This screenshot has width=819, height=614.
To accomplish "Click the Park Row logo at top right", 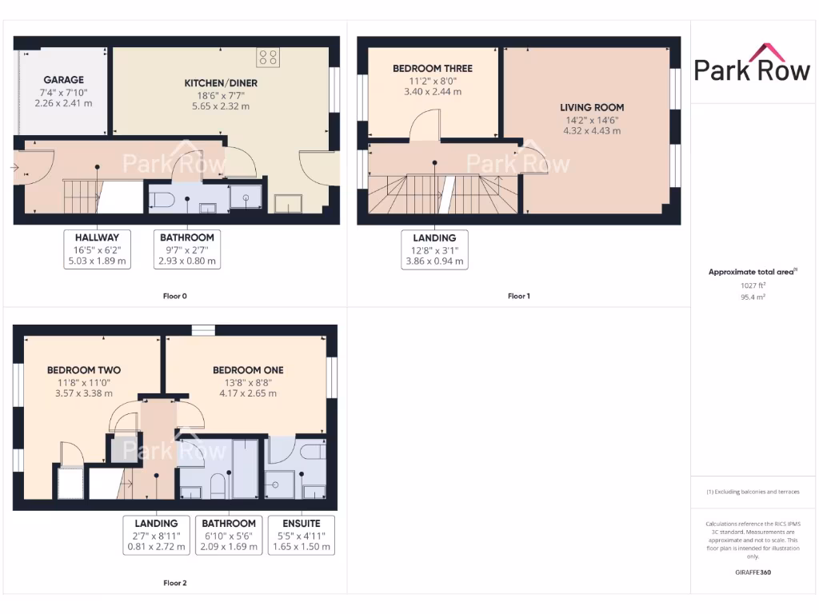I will pyautogui.click(x=751, y=63).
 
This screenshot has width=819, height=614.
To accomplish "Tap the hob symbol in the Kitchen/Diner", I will pyautogui.click(x=268, y=58).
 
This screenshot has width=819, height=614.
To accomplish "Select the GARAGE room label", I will pyautogui.click(x=63, y=80).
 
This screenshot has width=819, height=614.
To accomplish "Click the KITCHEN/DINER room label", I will pyautogui.click(x=221, y=83).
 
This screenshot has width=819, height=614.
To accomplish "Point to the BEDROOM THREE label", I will pyautogui.click(x=432, y=69).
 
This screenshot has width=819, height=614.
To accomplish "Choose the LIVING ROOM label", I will pyautogui.click(x=592, y=107).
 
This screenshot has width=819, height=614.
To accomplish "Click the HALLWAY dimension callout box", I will pyautogui.click(x=97, y=249).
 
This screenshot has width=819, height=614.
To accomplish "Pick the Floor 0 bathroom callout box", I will pyautogui.click(x=187, y=249).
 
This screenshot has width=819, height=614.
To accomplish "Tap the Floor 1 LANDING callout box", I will pyautogui.click(x=434, y=249).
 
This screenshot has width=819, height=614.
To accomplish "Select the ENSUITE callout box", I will pyautogui.click(x=301, y=535).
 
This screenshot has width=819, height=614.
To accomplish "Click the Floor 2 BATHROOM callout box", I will pyautogui.click(x=229, y=535).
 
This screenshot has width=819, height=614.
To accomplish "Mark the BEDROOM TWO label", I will pyautogui.click(x=84, y=370).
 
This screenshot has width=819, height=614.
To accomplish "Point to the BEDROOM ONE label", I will pyautogui.click(x=248, y=370).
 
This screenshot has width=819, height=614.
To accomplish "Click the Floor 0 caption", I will pyautogui.click(x=175, y=297).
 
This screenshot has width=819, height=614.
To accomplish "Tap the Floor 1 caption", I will pyautogui.click(x=518, y=297).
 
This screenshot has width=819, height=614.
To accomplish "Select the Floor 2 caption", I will pyautogui.click(x=175, y=583).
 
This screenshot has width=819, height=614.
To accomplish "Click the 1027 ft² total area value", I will pyautogui.click(x=751, y=285).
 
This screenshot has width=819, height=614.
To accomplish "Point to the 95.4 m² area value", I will pyautogui.click(x=751, y=296).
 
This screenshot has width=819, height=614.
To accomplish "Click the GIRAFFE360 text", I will pyautogui.click(x=751, y=572).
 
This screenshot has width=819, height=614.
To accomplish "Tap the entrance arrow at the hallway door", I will pyautogui.click(x=15, y=167).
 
